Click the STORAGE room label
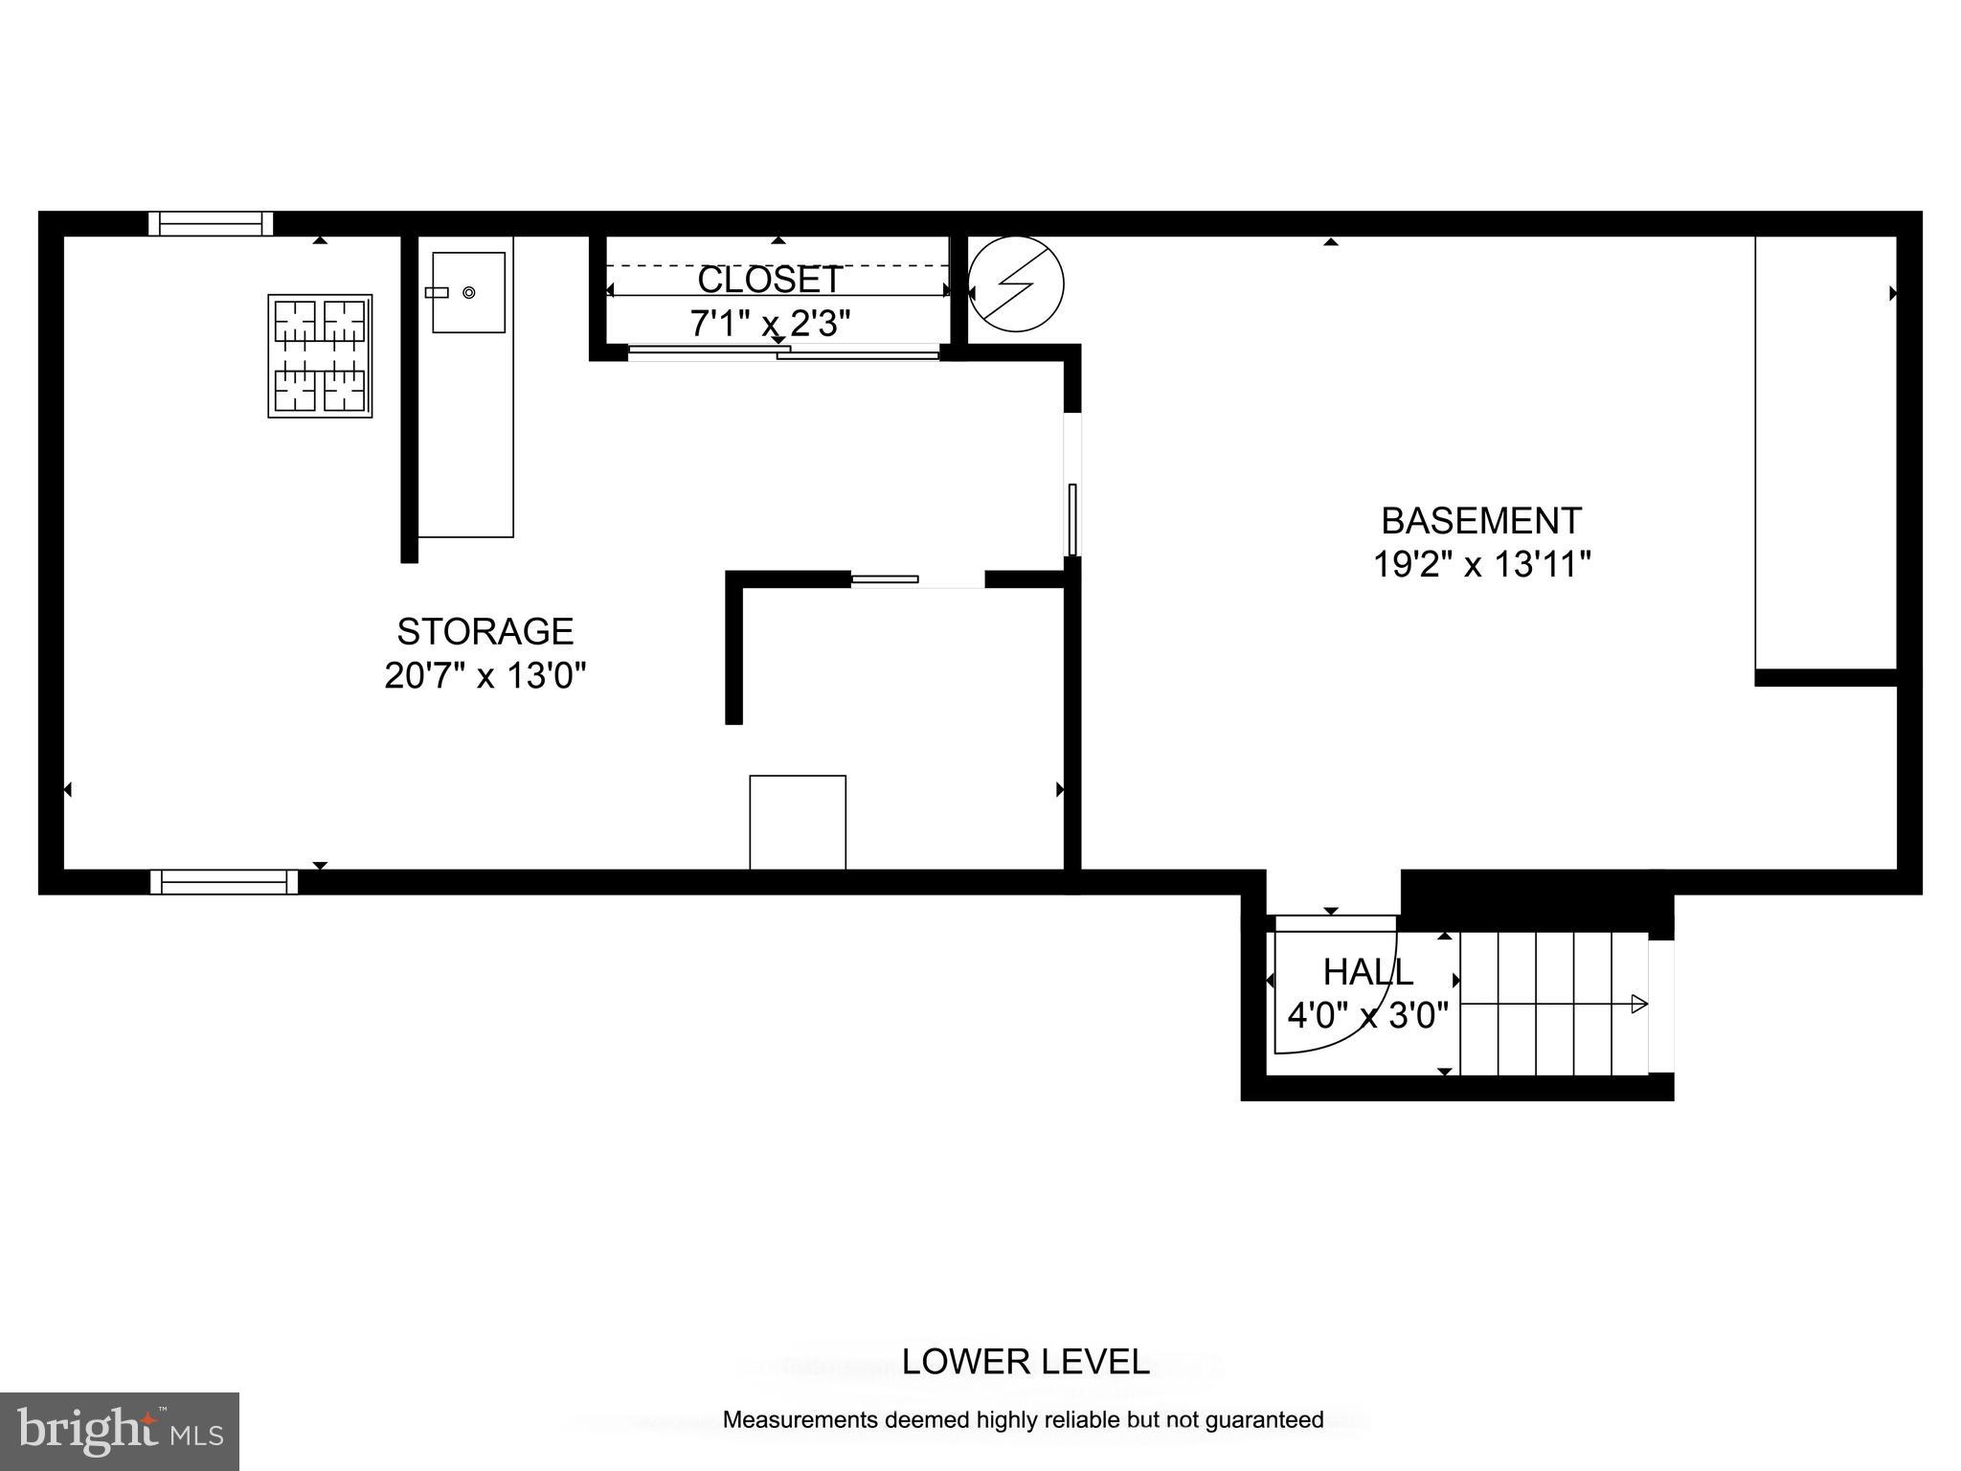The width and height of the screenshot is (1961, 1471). coord(485,632)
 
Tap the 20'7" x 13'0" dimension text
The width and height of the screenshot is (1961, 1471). coord(485,676)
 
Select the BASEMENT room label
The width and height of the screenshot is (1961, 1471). coord(1480,521)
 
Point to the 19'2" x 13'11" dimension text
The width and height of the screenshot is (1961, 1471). coord(1481,564)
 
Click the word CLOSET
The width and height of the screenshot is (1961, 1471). coord(770,280)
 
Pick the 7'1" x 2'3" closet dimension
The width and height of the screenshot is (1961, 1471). coord(770,323)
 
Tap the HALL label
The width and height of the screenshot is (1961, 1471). coord(1367,972)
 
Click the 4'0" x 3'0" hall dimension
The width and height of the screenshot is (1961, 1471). coord(1367,1015)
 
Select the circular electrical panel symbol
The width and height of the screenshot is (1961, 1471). coord(1016,284)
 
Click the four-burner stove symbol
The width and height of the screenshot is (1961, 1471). coord(320,356)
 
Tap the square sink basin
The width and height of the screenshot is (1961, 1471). coord(468,292)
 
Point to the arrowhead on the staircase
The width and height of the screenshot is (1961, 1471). coord(1638,1005)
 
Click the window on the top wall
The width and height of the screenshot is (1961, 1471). coord(211,223)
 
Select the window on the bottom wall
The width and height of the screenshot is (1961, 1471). coord(224,881)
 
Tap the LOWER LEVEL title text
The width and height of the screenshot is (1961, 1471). coord(1025,1362)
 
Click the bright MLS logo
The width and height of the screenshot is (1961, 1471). coord(119,1431)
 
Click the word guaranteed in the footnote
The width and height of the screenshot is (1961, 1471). coord(1264,1420)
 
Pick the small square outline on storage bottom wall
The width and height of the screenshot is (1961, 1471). coord(798,822)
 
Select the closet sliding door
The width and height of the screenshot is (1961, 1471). coord(783,352)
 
